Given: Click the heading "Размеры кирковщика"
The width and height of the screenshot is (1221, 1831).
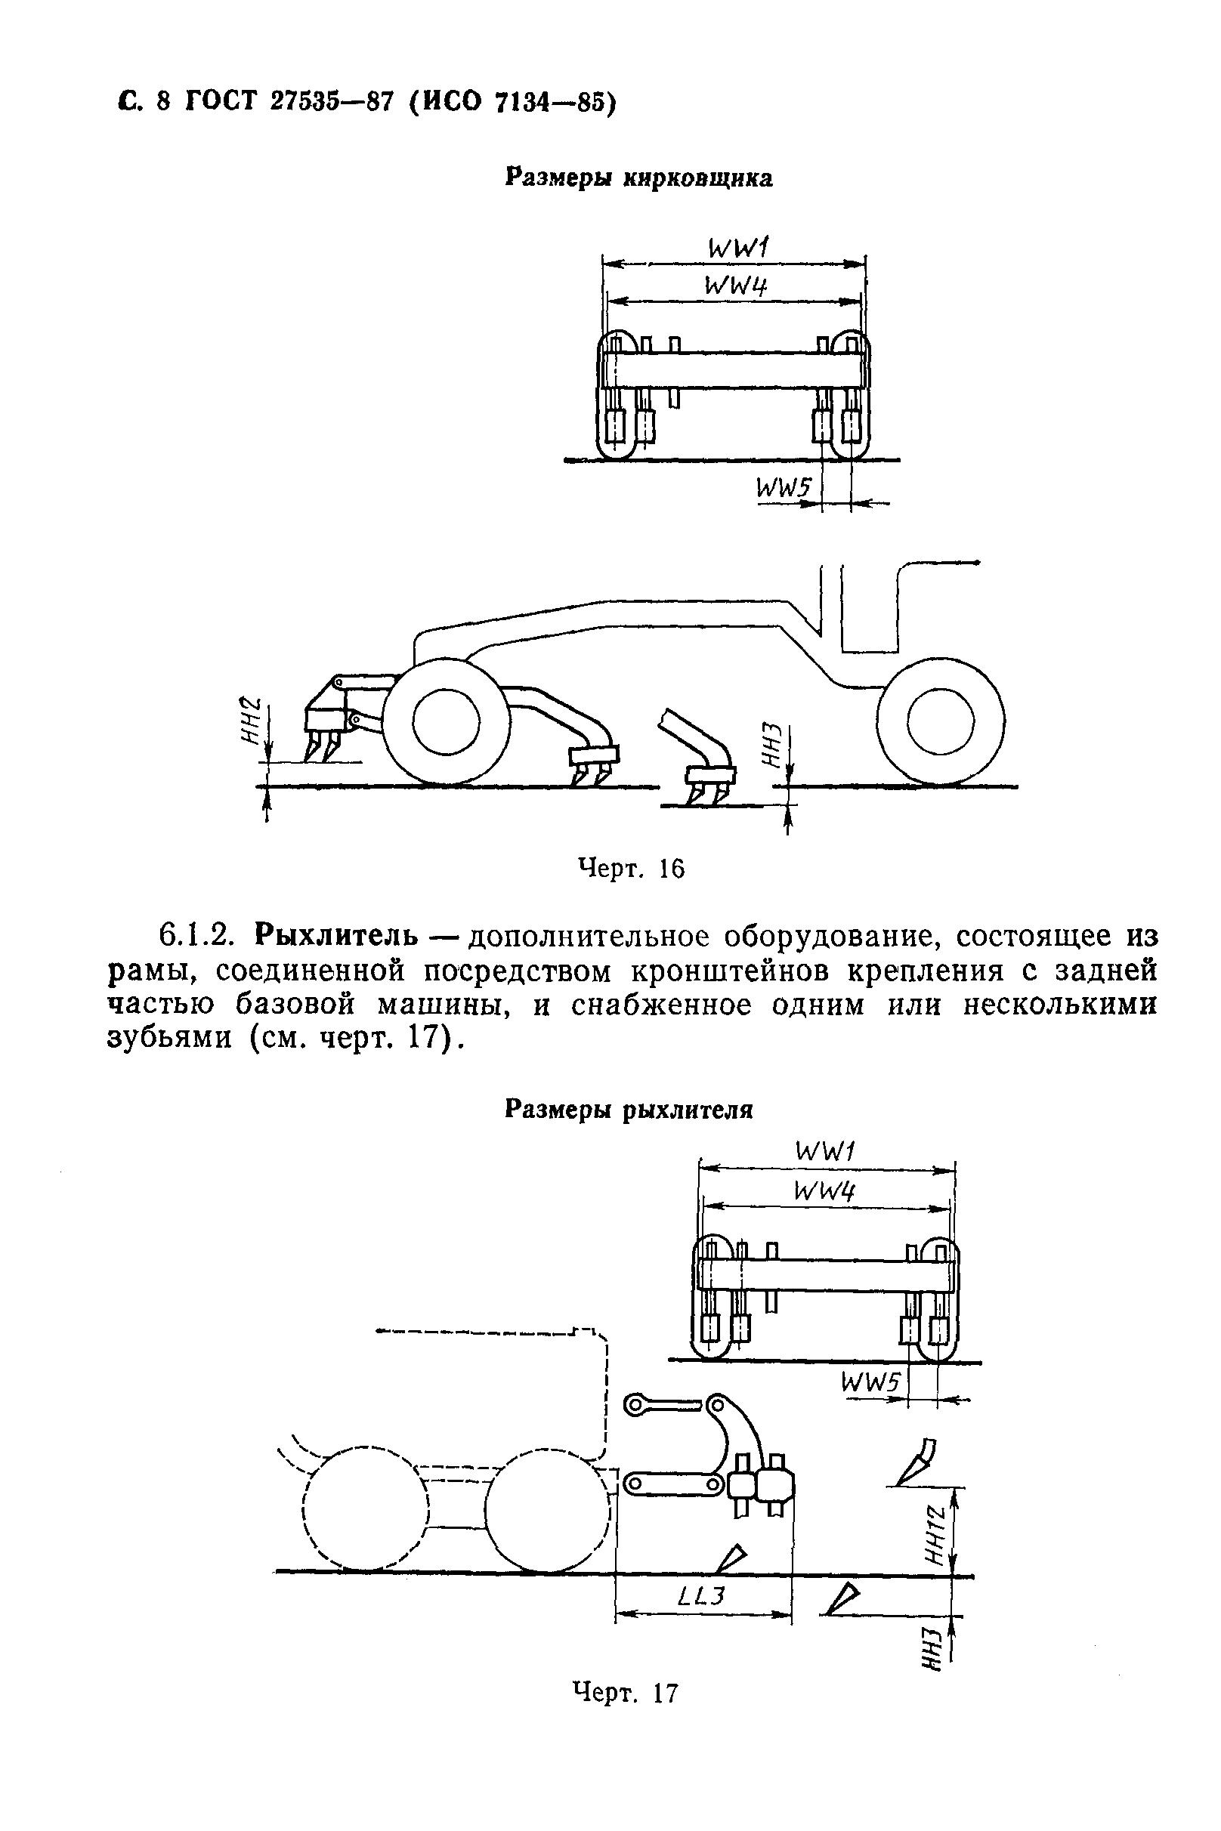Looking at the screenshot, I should coord(638,178).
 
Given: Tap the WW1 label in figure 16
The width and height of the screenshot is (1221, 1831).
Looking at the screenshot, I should coord(737,249).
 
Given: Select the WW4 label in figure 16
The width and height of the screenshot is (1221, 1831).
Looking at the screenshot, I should coord(735,286).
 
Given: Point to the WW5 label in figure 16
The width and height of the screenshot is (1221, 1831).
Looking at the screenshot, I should coord(784,489).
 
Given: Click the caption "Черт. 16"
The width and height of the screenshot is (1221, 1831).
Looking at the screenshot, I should coord(631,868).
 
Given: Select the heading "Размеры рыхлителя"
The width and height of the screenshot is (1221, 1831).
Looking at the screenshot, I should coord(629,1110).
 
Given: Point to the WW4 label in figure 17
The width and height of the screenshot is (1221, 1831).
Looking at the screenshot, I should coord(824,1190).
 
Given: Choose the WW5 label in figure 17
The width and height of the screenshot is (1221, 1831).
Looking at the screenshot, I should coord(870,1382).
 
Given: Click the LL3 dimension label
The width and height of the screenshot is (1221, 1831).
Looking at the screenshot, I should coord(702,1596).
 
